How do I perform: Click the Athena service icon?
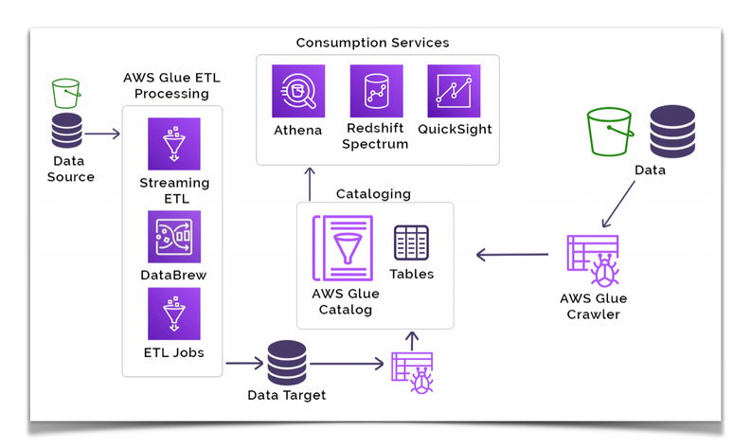pyautogui.click(x=298, y=91)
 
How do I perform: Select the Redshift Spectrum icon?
pyautogui.click(x=376, y=91)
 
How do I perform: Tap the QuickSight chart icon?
pyautogui.click(x=454, y=91)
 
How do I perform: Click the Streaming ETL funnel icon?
pyautogui.click(x=174, y=144)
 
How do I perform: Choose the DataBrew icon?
pyautogui.click(x=174, y=236)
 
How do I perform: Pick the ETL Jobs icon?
pyautogui.click(x=174, y=314)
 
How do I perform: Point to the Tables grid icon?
pyautogui.click(x=411, y=242)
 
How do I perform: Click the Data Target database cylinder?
pyautogui.click(x=286, y=363)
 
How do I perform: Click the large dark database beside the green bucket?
pyautogui.click(x=671, y=131)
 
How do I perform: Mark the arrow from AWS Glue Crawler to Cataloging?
pyautogui.click(x=512, y=254)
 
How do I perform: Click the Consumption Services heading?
pyautogui.click(x=372, y=43)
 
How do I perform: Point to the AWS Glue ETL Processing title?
pyautogui.click(x=171, y=85)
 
